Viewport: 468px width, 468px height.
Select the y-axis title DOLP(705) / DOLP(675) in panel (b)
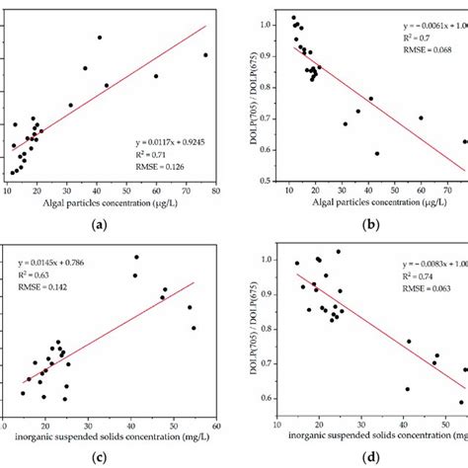coord(247,99)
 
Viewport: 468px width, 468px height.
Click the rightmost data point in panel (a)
coord(205,55)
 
